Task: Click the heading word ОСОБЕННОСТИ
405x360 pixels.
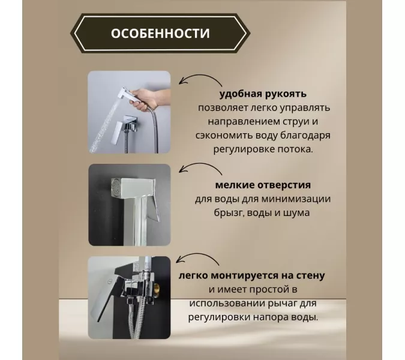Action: pyautogui.click(x=160, y=34)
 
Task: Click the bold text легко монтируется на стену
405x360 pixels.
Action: pyautogui.click(x=252, y=275)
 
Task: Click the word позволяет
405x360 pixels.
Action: pyautogui.click(x=227, y=107)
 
